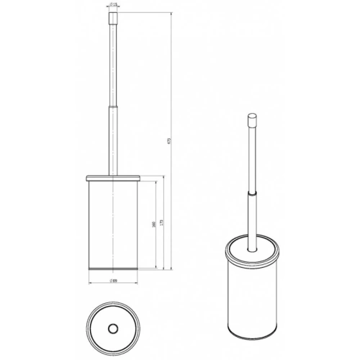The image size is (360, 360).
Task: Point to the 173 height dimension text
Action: (161, 225)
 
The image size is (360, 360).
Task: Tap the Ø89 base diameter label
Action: (114, 280)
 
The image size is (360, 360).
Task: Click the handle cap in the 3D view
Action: (253, 120)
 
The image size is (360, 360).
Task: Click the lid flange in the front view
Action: (114, 176)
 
